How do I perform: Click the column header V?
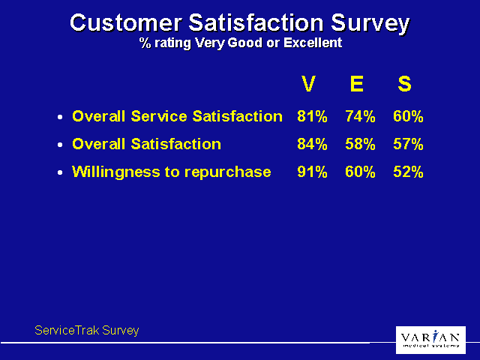pyautogui.click(x=308, y=84)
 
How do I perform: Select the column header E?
pyautogui.click(x=357, y=84)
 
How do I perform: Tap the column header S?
pyautogui.click(x=404, y=84)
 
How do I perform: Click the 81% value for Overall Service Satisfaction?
pyautogui.click(x=312, y=116)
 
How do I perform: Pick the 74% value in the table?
pyautogui.click(x=360, y=116)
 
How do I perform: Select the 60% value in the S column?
pyautogui.click(x=408, y=116)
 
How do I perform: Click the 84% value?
pyautogui.click(x=312, y=144)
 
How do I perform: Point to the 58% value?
pyautogui.click(x=360, y=144)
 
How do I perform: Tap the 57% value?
pyautogui.click(x=408, y=144)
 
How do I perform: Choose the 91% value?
pyautogui.click(x=312, y=172)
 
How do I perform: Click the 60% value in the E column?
pyautogui.click(x=360, y=172)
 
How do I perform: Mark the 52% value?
pyautogui.click(x=408, y=172)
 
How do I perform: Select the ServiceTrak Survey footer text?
pyautogui.click(x=87, y=330)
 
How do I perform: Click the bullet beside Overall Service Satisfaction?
pyautogui.click(x=61, y=118)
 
